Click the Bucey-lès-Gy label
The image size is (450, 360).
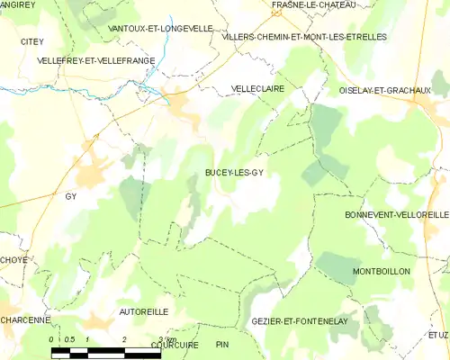pyautogui.click(x=233, y=172)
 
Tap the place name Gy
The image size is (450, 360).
pyautogui.click(x=71, y=195)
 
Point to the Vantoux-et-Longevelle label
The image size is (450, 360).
pyautogui.click(x=160, y=29)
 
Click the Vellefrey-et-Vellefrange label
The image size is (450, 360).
pyautogui.click(x=96, y=60)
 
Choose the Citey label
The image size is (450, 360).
pyautogui.click(x=32, y=41)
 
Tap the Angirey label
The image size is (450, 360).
pyautogui.click(x=18, y=4)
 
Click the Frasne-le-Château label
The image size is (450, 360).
pyautogui.click(x=314, y=4)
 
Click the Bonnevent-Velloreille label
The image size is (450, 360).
pyautogui.click(x=397, y=215)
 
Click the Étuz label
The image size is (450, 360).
pyautogui.click(x=438, y=335)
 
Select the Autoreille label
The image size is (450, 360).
pyautogui.click(x=144, y=310)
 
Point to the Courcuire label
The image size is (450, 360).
pyautogui.click(x=175, y=345)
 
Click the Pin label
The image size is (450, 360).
pyautogui.click(x=223, y=345)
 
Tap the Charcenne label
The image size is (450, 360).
pyautogui.click(x=24, y=320)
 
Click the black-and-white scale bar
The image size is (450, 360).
pyautogui.click(x=106, y=352)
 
